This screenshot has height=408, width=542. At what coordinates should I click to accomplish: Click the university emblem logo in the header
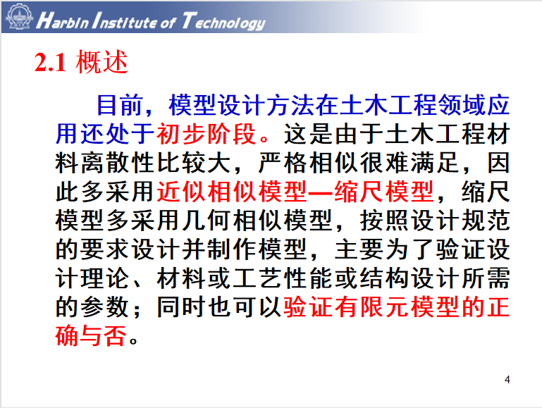[20, 16]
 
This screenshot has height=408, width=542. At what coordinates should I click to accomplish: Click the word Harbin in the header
[63, 20]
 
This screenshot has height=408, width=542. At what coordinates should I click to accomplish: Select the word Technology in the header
[223, 21]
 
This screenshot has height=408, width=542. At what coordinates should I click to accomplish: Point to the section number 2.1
[51, 63]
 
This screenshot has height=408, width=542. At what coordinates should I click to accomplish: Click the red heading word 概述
[102, 62]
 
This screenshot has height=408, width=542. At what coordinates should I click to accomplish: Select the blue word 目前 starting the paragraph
[119, 105]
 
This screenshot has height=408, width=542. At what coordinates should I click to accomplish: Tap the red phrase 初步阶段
[207, 134]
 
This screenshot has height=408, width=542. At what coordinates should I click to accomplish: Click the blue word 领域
[461, 105]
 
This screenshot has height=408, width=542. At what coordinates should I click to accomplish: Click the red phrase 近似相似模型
[232, 192]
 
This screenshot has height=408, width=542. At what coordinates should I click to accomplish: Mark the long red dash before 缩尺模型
[321, 192]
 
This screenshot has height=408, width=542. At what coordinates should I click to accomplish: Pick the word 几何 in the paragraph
[207, 221]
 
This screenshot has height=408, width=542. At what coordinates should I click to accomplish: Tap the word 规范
[486, 221]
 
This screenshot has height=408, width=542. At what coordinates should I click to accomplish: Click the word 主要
[359, 249]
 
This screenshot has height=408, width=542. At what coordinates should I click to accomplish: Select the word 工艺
[257, 278]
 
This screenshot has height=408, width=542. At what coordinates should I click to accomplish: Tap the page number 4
[507, 380]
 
